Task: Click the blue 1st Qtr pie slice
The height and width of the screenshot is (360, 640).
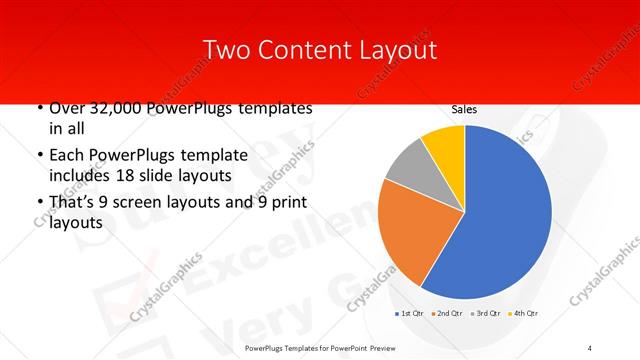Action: (x=500, y=220)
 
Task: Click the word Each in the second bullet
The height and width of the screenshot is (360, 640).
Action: (x=68, y=155)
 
